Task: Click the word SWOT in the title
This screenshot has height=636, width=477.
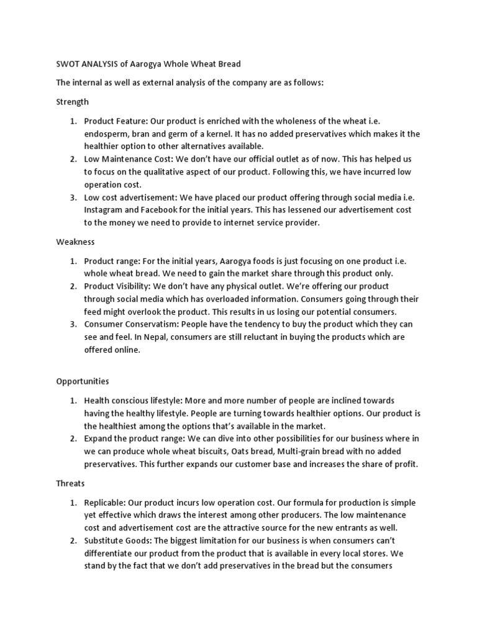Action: pyautogui.click(x=68, y=64)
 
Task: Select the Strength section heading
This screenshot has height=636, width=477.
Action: pyautogui.click(x=72, y=101)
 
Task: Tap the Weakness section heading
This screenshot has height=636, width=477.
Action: pyautogui.click(x=75, y=241)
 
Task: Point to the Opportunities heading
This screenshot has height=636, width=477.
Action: pyautogui.click(x=83, y=381)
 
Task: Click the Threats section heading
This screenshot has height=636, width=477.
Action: pyautogui.click(x=71, y=483)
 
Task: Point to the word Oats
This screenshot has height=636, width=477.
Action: pyautogui.click(x=263, y=451)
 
